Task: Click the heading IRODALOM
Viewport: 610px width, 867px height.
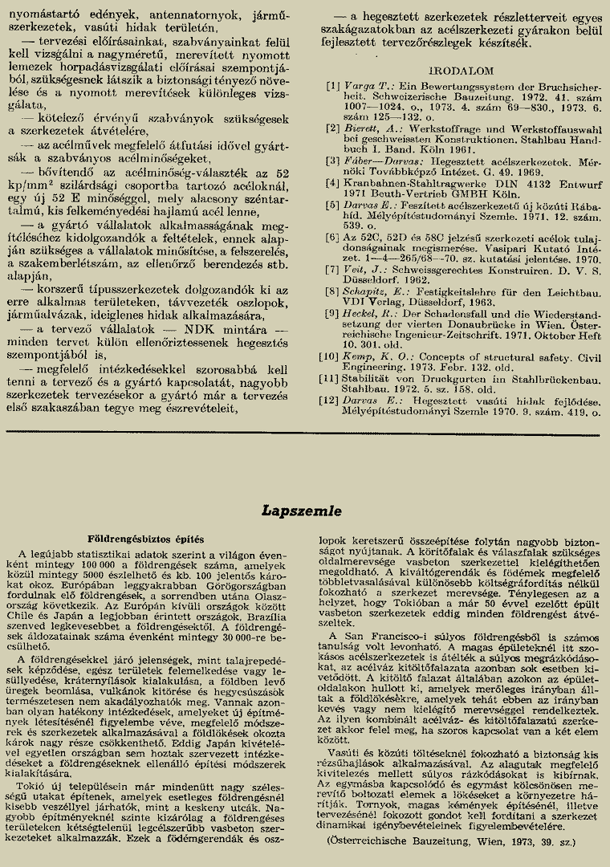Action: tap(461, 71)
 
